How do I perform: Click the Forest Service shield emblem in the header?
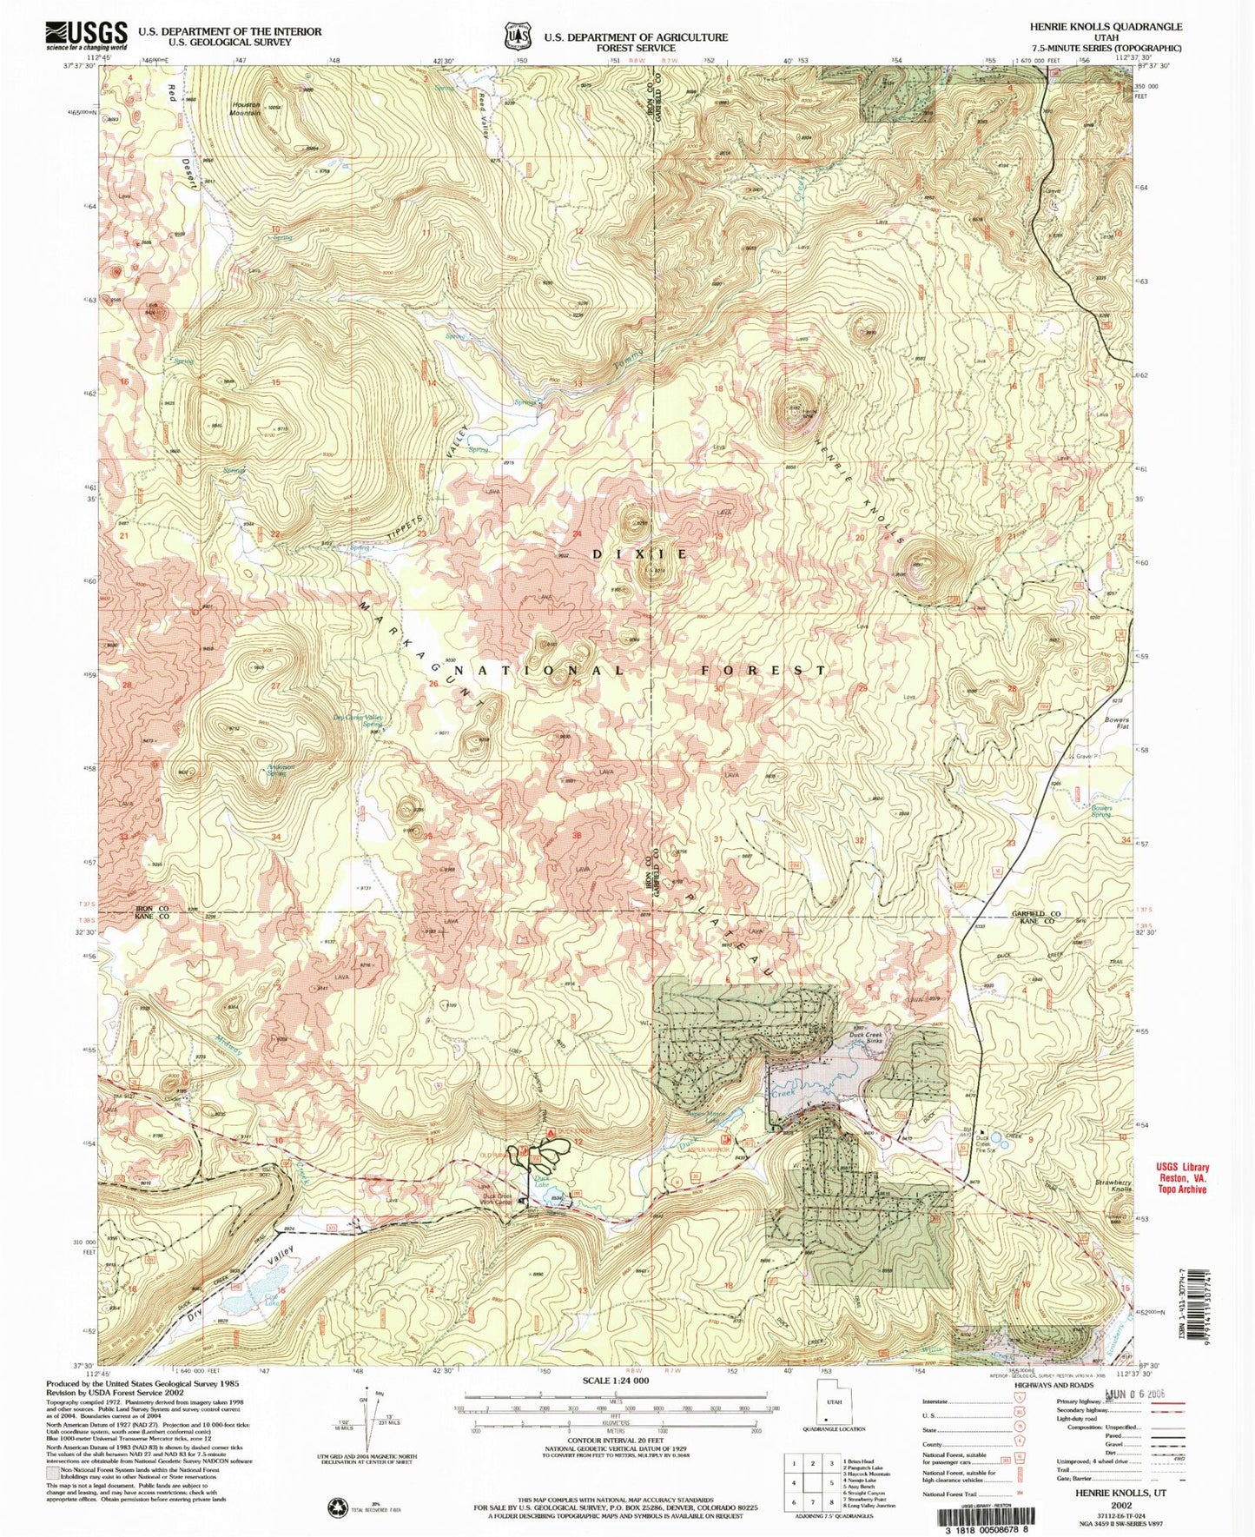519,36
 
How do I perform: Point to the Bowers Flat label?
1117,724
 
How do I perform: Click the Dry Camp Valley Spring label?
360,720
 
